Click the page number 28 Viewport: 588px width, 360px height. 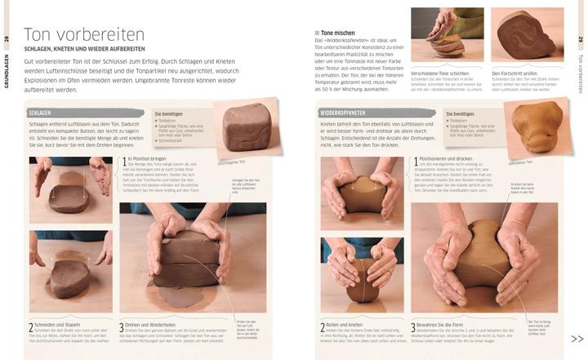pos(7,39)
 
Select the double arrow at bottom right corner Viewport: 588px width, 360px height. pos(577,339)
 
